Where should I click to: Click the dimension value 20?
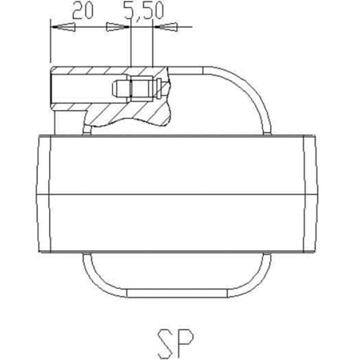coord(83,11)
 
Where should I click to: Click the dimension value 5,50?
coord(144,11)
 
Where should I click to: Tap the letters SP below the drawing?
coord(175,343)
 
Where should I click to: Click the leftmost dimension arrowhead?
coord(63,27)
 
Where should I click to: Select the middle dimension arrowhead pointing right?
coord(118,27)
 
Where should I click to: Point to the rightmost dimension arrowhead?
coord(166,27)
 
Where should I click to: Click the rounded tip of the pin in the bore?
coord(115,88)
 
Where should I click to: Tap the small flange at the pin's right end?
coord(159,89)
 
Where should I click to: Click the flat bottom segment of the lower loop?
coord(177,293)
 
